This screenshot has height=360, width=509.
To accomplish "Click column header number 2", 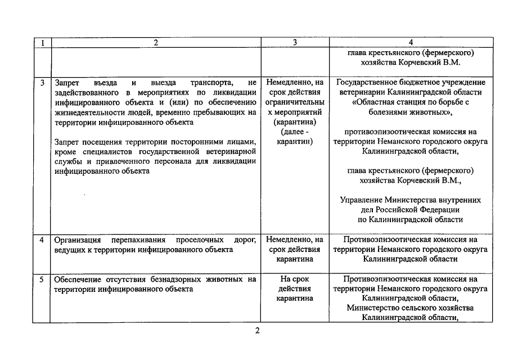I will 156,42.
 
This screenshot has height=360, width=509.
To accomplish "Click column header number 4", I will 411,42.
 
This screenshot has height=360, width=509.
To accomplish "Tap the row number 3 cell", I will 42,83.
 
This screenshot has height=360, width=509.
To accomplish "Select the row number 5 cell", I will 42,279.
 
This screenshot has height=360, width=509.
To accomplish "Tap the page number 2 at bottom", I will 258,330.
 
